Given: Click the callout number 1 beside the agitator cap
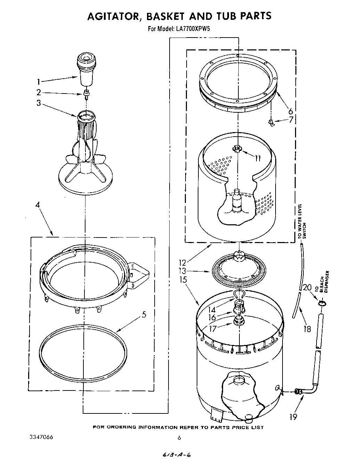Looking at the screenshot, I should pos(39,82).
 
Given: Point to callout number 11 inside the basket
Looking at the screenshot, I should pos(257,159).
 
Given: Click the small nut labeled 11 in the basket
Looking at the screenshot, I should pos(237,149).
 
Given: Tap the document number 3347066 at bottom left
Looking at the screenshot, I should pos(39,437).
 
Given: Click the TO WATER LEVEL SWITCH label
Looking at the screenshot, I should pos(301,221).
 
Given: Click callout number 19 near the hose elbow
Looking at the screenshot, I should pos(294,416).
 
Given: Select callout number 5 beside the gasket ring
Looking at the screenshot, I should pos(144,315).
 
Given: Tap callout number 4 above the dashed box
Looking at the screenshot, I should pos(38,205).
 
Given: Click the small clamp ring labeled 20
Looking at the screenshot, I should pos(322,304).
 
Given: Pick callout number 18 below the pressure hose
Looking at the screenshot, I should pos(307,328).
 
